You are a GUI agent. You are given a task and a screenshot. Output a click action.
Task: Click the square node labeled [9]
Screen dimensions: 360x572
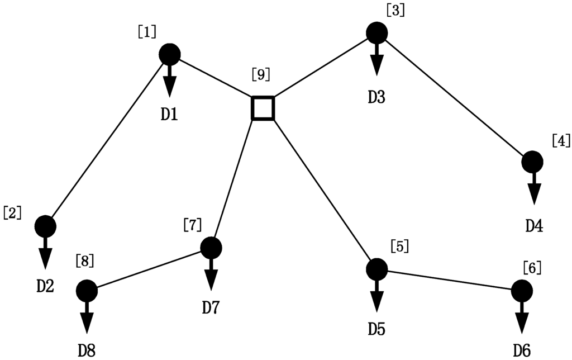click(x=263, y=108)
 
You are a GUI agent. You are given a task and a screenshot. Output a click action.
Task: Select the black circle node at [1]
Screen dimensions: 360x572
click(x=169, y=55)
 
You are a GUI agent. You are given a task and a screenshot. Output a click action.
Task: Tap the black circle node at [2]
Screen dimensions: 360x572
click(x=45, y=226)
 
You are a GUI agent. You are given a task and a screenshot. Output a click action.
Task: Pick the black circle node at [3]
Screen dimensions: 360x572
click(x=377, y=32)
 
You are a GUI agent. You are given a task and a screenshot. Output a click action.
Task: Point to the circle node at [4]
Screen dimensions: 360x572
click(x=532, y=162)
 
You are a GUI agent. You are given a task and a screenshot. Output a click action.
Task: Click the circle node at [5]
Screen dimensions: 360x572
click(x=377, y=269)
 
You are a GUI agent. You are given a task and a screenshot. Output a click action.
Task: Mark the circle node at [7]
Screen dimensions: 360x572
click(x=211, y=247)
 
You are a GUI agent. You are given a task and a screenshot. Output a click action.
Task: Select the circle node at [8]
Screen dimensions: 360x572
click(x=87, y=291)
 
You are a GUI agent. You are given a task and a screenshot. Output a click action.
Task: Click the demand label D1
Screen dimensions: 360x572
click(x=169, y=115)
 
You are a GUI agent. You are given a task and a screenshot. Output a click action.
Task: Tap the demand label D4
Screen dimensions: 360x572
click(x=534, y=226)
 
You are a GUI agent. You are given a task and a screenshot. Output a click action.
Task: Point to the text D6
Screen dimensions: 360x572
click(x=521, y=350)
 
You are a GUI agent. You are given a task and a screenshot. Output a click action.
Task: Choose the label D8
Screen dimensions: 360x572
click(x=87, y=351)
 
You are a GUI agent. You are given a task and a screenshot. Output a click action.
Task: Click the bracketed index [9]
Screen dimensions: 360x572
click(x=261, y=73)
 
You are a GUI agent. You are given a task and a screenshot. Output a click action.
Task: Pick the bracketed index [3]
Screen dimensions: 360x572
click(x=395, y=10)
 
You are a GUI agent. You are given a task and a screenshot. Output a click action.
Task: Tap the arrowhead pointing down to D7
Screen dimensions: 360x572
click(x=211, y=279)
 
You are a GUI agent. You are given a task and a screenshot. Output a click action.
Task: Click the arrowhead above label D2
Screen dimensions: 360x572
click(x=45, y=258)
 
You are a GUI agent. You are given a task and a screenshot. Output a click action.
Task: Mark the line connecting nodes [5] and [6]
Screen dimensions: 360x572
click(x=449, y=280)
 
